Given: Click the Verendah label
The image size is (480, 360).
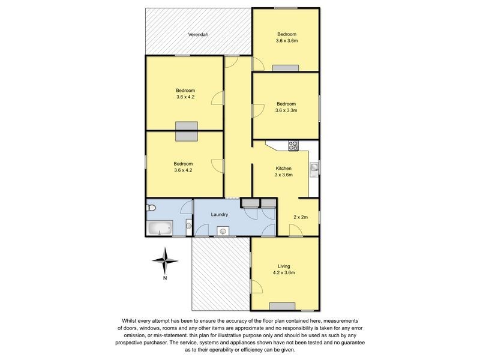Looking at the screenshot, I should click(198, 35).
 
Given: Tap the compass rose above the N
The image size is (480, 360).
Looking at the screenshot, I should click(165, 260).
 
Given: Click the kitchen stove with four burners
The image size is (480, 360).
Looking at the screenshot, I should click(293, 145).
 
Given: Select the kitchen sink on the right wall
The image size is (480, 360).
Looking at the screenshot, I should click(314, 167).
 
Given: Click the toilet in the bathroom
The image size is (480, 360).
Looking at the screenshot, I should click(152, 208).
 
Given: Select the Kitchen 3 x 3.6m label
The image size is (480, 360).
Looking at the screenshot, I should click(284, 172).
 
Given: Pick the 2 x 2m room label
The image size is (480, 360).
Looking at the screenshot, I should click(301, 217).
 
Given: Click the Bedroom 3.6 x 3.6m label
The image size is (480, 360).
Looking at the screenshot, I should click(286, 37).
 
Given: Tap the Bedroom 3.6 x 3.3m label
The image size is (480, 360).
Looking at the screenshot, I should click(286, 107).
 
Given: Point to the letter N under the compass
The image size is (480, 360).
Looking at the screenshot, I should click(165, 278).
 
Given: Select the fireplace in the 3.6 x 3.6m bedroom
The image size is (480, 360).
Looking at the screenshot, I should click(281, 68).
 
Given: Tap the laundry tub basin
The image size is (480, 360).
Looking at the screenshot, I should click(223, 230).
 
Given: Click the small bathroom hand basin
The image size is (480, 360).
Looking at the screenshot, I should click(188, 226).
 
